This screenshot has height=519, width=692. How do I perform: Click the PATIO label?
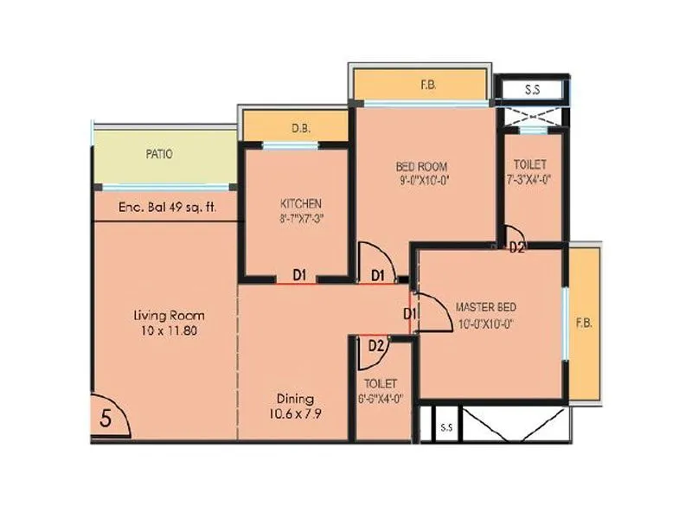pos(159,154)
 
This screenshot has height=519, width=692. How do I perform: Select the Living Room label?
pos(169,315)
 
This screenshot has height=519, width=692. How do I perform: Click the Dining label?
pos(294,399)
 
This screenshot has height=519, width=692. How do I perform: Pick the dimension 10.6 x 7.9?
pos(294,413)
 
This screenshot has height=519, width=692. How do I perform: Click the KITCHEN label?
pos(300,203)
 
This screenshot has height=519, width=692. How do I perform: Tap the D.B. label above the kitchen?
pos(300,128)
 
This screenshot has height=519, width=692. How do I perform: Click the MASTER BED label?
pos(486,306)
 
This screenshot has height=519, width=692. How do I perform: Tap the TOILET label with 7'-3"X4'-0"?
pos(529,164)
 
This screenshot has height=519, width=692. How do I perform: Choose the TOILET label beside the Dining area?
pos(381,383)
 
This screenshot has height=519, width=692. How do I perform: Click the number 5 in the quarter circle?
pos(106,418)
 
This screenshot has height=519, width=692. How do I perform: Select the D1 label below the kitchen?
pos(299,275)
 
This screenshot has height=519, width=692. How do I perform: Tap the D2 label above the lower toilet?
pos(375,346)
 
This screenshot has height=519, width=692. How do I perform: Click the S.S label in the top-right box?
pos(532,89)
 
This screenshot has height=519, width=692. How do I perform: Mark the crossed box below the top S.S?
pos(532,116)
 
